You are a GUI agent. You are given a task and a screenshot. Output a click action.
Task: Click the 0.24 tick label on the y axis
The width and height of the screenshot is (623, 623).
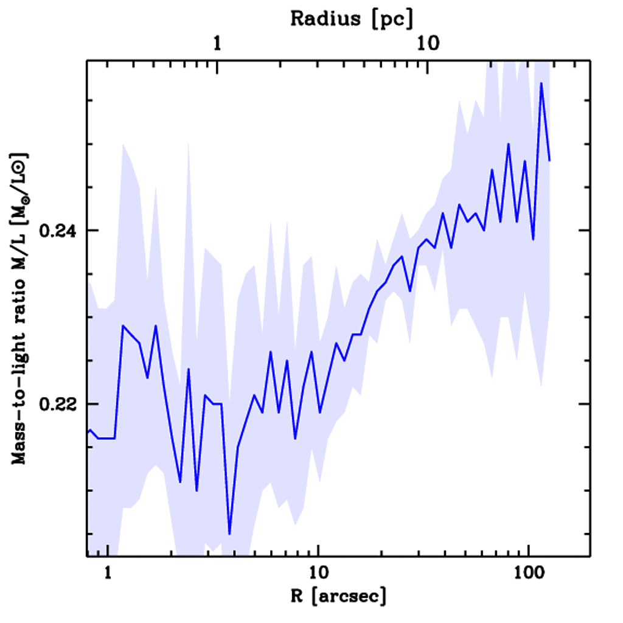(55, 231)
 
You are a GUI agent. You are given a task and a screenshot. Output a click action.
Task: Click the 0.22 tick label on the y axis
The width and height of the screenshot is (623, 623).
(55, 404)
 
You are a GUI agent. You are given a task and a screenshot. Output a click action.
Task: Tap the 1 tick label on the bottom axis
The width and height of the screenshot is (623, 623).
(108, 573)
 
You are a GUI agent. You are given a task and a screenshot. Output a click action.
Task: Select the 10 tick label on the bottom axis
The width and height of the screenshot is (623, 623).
(318, 573)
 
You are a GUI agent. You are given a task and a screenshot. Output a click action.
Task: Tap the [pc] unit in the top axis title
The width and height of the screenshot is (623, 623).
(392, 19)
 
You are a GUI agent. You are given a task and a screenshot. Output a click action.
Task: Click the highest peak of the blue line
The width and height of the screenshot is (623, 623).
(541, 83)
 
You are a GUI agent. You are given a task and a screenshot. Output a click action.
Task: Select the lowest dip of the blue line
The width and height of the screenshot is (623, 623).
(229, 534)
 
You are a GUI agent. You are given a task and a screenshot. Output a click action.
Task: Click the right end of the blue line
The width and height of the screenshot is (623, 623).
(549, 161)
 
